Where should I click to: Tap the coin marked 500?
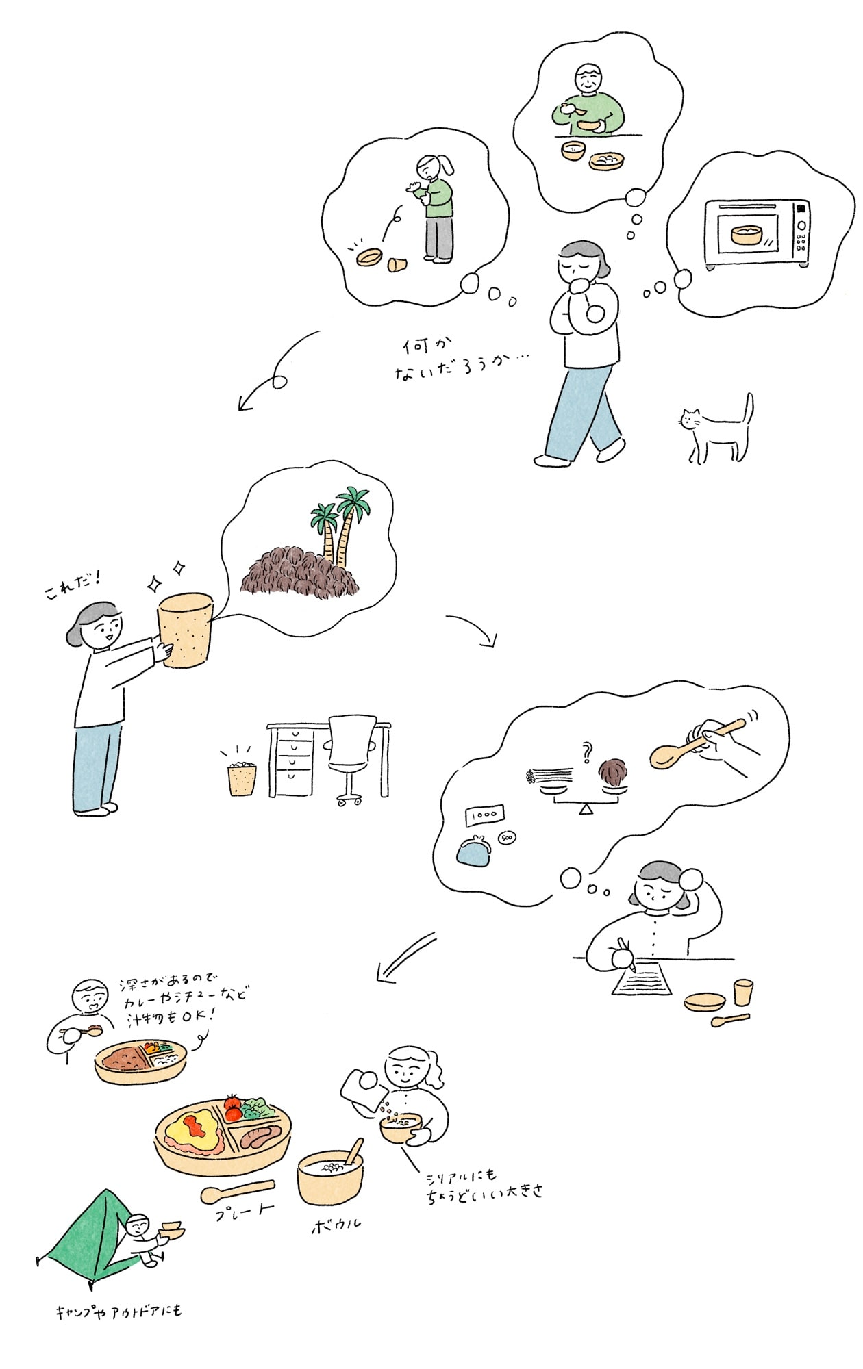[x=507, y=838]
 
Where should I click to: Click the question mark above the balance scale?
[x=586, y=753]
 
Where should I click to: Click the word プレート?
[x=245, y=1211]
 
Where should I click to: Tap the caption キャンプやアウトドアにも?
[x=118, y=1311]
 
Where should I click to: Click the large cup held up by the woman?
[x=185, y=630]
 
